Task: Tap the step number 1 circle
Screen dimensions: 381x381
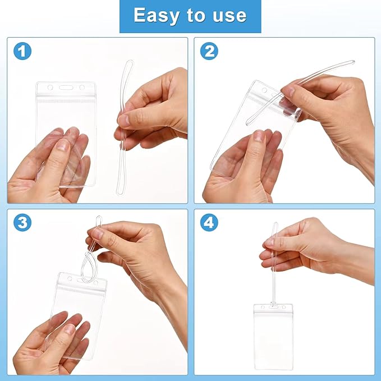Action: pyautogui.click(x=22, y=52)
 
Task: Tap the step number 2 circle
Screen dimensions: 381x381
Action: pyautogui.click(x=209, y=52)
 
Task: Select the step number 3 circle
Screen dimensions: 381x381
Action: pyautogui.click(x=22, y=223)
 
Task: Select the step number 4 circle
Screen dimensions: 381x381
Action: pyautogui.click(x=209, y=223)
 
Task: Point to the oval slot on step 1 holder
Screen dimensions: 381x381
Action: pyautogui.click(x=66, y=88)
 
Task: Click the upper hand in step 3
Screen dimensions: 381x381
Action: pyautogui.click(x=140, y=253)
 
